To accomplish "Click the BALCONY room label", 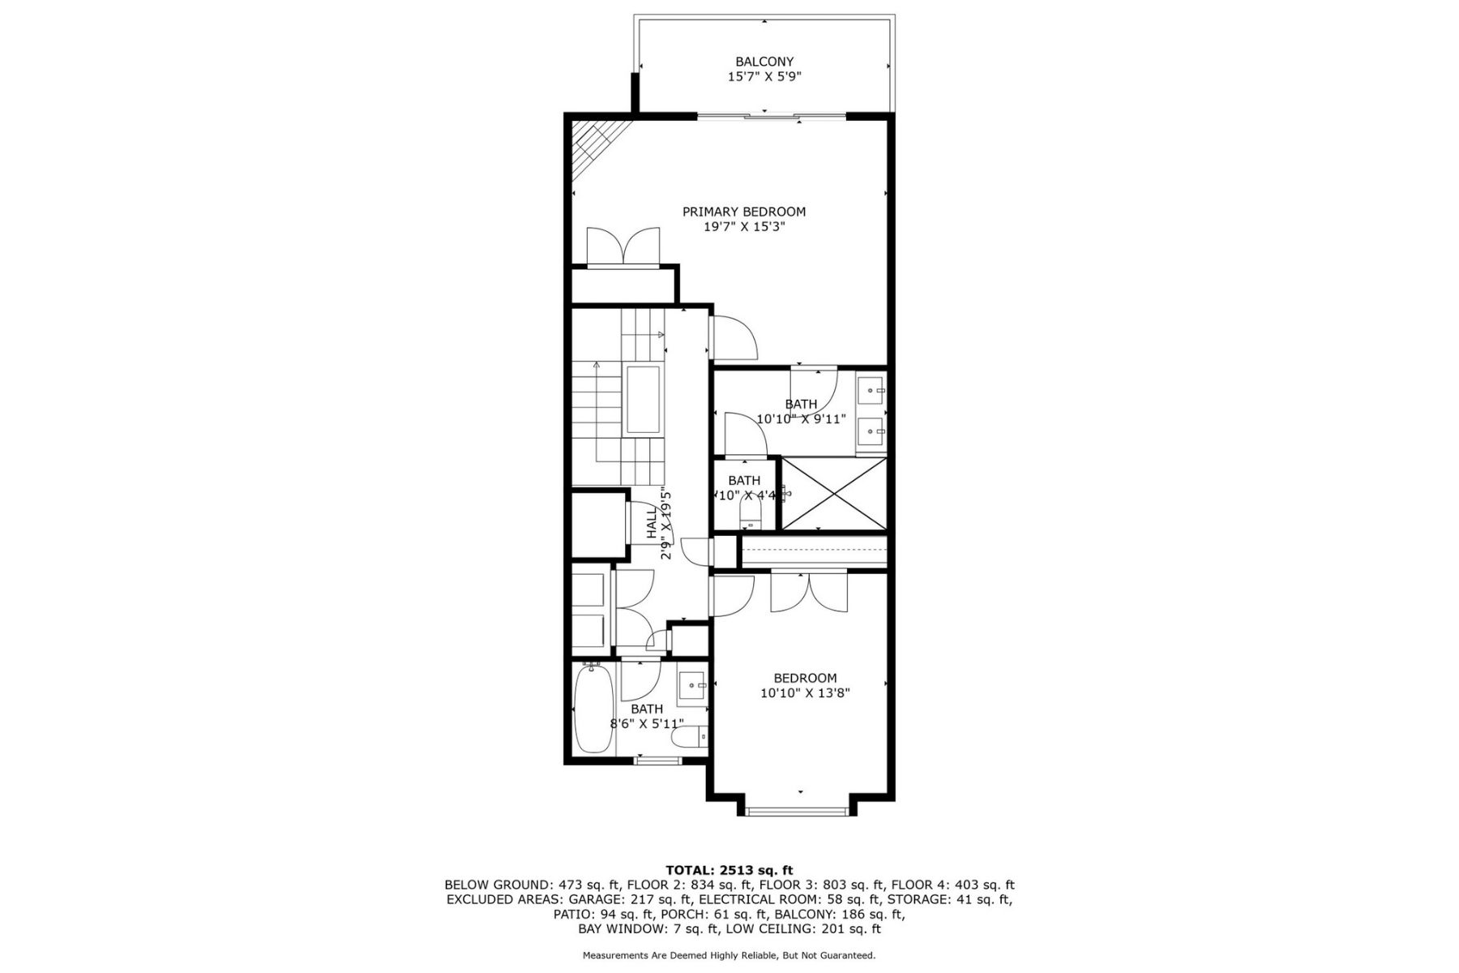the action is (764, 62).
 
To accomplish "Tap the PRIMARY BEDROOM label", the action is (744, 212).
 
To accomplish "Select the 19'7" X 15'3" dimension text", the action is (744, 227).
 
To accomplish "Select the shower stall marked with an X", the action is (833, 494).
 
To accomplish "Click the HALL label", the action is (652, 523).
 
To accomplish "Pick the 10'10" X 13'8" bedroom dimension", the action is (805, 693).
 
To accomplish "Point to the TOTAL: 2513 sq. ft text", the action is (729, 870).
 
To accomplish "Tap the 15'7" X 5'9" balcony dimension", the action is (764, 77).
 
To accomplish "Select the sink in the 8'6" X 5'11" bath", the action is (693, 686).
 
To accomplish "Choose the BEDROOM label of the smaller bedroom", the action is (805, 678).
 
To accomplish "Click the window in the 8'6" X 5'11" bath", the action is (658, 761).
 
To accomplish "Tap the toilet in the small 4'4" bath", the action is (751, 510).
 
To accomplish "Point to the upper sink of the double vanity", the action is (872, 391).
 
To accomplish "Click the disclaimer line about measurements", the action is (729, 955).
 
